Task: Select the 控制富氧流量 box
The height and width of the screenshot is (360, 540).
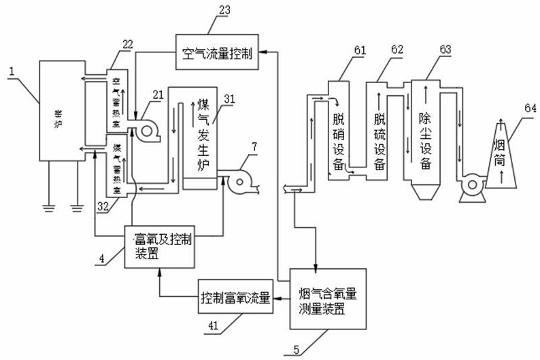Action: click(x=236, y=298)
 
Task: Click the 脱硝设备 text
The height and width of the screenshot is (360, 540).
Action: click(x=339, y=140)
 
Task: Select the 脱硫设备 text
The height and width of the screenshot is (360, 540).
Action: click(x=380, y=140)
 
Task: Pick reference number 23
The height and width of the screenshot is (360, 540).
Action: click(x=225, y=10)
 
